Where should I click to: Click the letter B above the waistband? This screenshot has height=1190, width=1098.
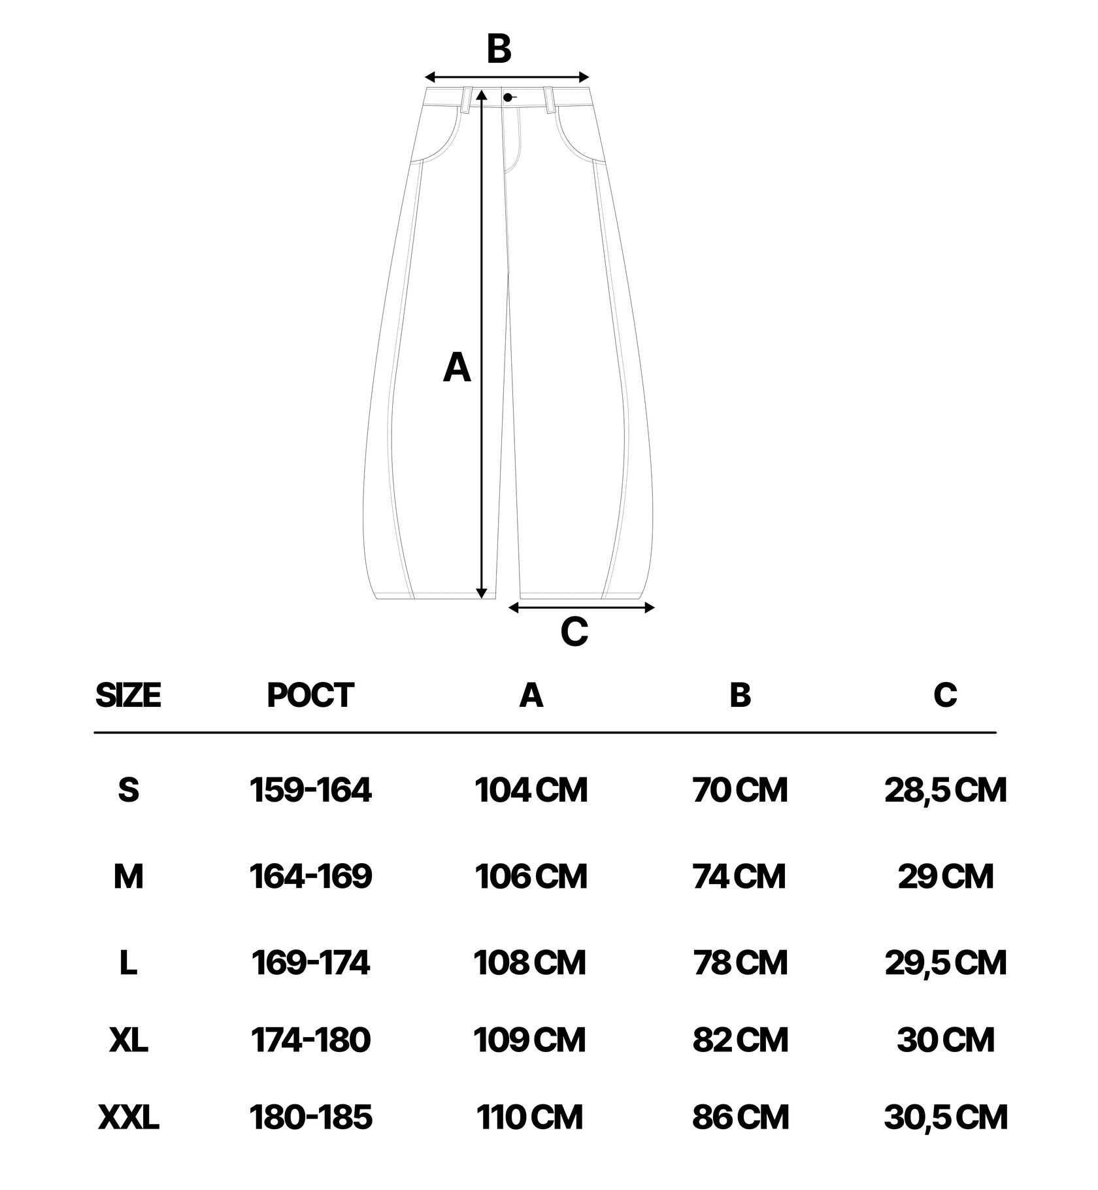tap(499, 49)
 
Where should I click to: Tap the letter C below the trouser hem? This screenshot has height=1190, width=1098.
tap(574, 632)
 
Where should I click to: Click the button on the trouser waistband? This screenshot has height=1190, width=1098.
tap(508, 97)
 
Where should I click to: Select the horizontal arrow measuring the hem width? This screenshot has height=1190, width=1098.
tap(581, 608)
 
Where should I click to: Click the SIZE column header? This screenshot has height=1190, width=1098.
tap(128, 694)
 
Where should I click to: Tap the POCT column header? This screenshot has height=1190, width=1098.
tap(310, 694)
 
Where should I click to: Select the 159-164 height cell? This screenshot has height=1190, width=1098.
tap(310, 790)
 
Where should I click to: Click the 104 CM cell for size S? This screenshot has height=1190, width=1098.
tap(531, 790)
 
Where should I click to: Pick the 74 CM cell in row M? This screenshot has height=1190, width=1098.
tap(739, 876)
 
